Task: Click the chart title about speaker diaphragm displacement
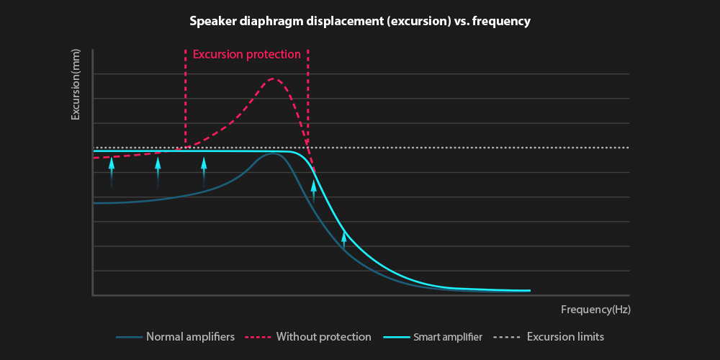359,22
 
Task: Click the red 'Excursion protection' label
246,54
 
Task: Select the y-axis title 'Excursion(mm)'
76,85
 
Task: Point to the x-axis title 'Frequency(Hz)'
595,310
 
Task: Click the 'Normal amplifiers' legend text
190,337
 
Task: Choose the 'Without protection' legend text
323,337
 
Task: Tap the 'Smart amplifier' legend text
448,337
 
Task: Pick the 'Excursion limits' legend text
565,337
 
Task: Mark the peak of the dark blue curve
273,154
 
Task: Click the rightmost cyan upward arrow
344,239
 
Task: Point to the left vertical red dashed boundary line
185,101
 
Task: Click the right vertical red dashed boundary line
308,101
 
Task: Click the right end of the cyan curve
529,291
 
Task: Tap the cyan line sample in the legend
395,337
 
